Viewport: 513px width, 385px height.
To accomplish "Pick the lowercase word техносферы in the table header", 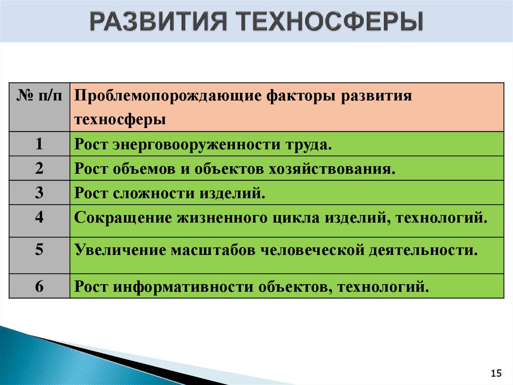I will tap(120, 120).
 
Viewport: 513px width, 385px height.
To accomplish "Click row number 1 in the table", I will tap(40, 145).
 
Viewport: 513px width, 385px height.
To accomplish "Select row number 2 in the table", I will tap(40, 168).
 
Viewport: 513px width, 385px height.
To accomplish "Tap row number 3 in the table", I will tap(40, 192).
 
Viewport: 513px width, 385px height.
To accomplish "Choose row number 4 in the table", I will tap(40, 217).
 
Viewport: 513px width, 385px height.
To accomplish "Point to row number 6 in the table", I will tap(40, 287).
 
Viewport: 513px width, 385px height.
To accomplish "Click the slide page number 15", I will tap(496, 373).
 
